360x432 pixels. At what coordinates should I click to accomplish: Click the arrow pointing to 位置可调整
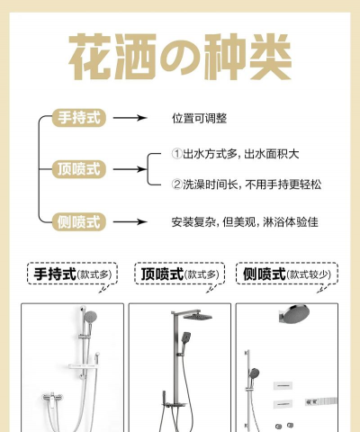[x=129, y=118]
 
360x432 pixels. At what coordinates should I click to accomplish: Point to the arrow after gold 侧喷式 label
[x=129, y=220]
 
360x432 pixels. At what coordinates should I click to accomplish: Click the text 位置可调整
[x=199, y=118]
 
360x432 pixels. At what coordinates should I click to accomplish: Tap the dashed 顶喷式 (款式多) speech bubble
[x=179, y=274]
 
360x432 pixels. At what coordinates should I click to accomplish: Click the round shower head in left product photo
[x=89, y=317]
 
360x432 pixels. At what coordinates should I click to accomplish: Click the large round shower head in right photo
[x=301, y=317]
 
